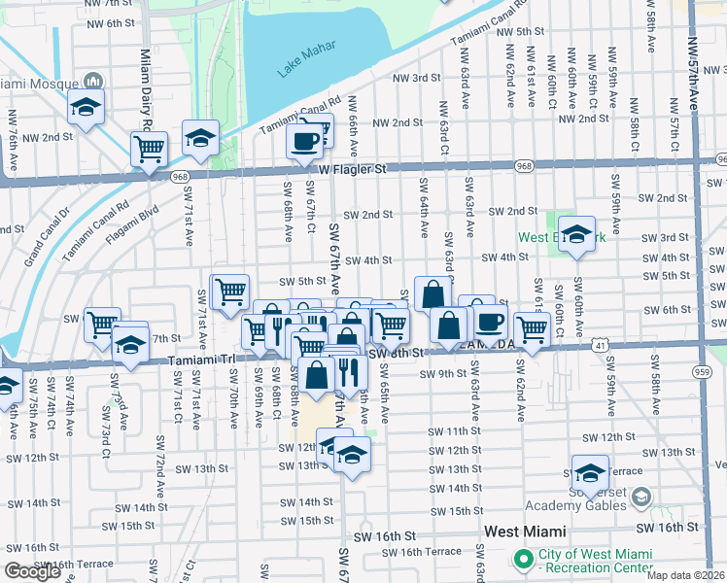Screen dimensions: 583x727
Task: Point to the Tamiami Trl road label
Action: pos(202,359)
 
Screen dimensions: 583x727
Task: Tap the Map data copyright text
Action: pos(685,574)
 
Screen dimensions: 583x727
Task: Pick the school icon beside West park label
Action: pos(576,234)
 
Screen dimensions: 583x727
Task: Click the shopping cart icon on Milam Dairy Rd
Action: pos(149,149)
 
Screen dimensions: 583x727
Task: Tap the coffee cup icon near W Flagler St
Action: pos(304,142)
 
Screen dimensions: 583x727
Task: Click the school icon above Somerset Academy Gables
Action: pos(589,472)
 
